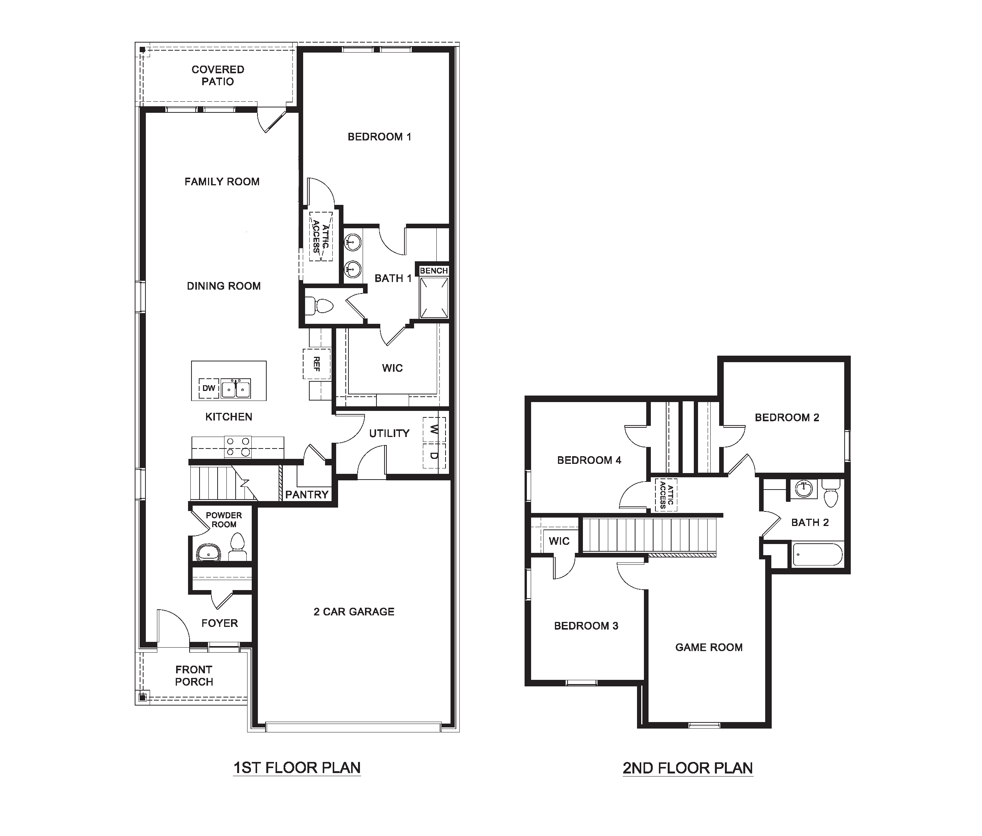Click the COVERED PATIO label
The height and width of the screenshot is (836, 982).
point(218,75)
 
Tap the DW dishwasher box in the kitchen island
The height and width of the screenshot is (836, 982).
point(208,388)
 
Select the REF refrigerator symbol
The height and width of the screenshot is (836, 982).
point(317,364)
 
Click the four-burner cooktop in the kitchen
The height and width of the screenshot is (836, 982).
point(238,447)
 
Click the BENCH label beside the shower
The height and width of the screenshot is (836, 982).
point(433,270)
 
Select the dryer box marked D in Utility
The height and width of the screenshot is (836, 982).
point(434,456)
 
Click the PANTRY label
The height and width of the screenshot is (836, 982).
point(307,494)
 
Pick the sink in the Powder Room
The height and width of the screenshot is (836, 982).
point(208,552)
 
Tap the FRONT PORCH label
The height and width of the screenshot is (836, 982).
point(194,675)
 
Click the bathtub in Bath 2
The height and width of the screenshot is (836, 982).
point(817,554)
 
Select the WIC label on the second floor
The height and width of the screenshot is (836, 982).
point(559,541)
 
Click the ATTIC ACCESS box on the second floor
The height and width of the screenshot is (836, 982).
point(666,494)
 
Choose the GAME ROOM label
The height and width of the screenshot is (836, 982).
point(708,647)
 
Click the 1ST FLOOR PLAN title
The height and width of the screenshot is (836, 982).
point(297,767)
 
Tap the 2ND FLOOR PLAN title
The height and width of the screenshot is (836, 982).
point(687,768)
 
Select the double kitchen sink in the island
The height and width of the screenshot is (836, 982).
point(236,389)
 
